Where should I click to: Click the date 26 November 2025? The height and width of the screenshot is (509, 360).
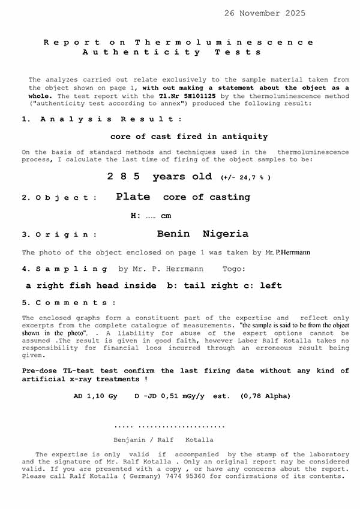pyautogui.click(x=265, y=13)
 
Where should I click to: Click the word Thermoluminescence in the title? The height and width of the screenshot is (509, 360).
pyautogui.click(x=224, y=43)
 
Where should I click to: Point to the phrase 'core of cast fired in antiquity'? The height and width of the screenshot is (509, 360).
pyautogui.click(x=189, y=137)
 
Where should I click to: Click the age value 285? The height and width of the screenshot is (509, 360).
pyautogui.click(x=124, y=177)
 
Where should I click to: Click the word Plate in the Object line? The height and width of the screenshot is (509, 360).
pyautogui.click(x=133, y=197)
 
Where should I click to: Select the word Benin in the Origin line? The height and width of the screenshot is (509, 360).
pyautogui.click(x=173, y=234)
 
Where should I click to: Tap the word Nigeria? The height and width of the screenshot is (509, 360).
pyautogui.click(x=226, y=234)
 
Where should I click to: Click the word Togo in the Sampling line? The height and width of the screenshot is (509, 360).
pyautogui.click(x=234, y=269)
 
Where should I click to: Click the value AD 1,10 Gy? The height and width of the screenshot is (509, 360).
pyautogui.click(x=95, y=396)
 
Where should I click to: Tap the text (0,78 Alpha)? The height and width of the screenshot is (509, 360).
pyautogui.click(x=265, y=396)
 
